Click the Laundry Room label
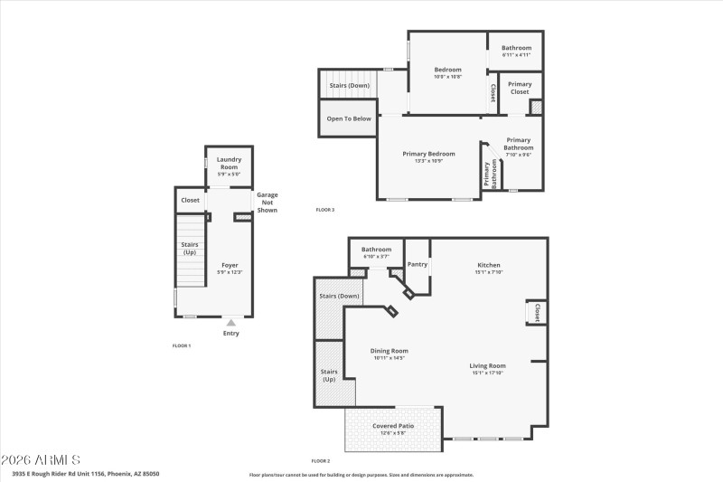228,163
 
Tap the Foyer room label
230,265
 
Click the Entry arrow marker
231,322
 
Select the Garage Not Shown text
267,203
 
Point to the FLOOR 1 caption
182,345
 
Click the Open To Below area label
349,118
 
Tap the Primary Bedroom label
428,154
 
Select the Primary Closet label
520,88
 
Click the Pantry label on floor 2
417,264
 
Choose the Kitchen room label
489,265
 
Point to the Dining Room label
390,351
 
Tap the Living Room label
487,365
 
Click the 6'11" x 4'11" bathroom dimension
516,55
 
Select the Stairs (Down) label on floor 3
349,85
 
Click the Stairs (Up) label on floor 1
190,248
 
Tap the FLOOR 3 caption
325,210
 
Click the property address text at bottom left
86,473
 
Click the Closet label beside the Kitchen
537,312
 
